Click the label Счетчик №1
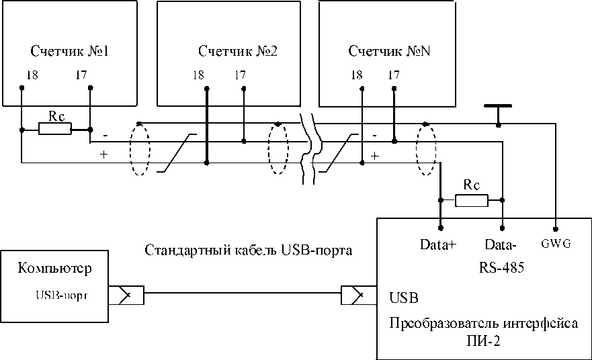tap(69, 51)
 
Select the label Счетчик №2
tap(238, 51)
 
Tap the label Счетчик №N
tap(389, 51)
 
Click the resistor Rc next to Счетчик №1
tap(54, 130)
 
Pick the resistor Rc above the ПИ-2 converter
tap(472, 200)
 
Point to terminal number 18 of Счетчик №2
tap(198, 75)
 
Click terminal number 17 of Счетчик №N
tap(393, 75)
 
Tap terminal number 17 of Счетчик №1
tap(81, 75)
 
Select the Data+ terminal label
tap(438, 244)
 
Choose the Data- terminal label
tap(500, 244)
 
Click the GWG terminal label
tap(556, 244)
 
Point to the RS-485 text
tap(501, 267)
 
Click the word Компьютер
tap(54, 268)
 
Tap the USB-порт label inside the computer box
tap(62, 295)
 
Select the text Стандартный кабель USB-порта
tap(249, 251)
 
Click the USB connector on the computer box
tap(126, 295)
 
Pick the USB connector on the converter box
tap(359, 295)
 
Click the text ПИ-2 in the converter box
tap(483, 341)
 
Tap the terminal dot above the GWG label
tap(555, 228)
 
